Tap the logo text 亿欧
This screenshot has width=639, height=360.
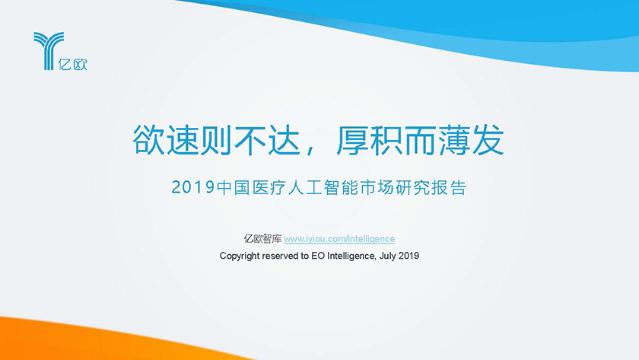click(72, 64)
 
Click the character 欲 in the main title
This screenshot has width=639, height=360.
click(149, 140)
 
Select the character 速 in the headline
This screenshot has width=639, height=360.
click(183, 140)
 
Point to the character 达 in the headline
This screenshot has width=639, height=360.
click(285, 140)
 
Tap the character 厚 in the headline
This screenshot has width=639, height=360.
click(353, 140)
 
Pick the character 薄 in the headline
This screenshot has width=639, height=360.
click(454, 140)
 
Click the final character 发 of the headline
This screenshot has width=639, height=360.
click(488, 140)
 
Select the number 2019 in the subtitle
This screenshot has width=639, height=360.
click(192, 187)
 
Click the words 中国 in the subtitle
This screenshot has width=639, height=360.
click(234, 187)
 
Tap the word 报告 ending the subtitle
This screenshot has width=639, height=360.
click(449, 187)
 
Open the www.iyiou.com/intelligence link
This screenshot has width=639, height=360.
click(339, 239)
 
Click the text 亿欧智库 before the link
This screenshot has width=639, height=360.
click(263, 239)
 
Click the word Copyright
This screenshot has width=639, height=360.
click(240, 256)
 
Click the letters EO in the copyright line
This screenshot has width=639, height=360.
click(318, 256)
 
